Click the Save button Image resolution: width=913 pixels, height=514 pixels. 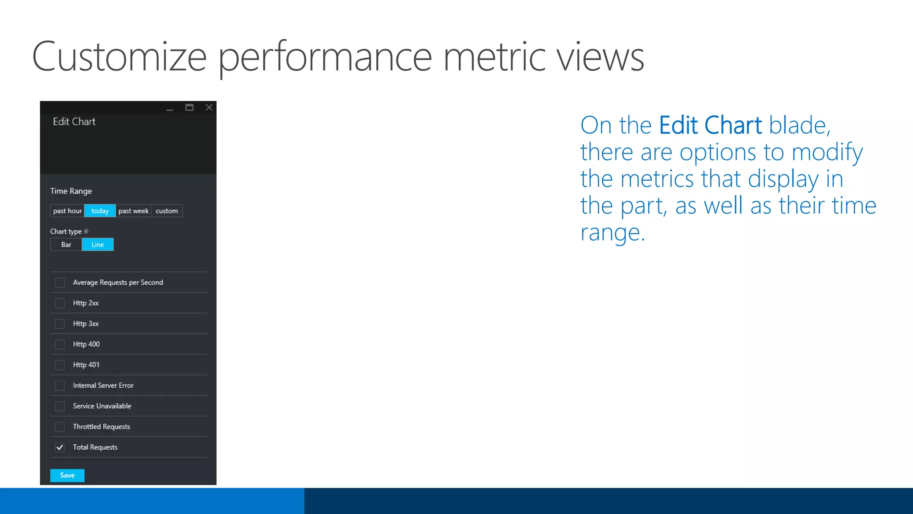point(67,475)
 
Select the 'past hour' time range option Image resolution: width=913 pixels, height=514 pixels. point(67,211)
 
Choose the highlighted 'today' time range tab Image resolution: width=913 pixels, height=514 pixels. point(100,211)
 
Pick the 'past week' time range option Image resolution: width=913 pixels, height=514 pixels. point(133,211)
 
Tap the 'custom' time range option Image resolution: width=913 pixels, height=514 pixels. point(167,211)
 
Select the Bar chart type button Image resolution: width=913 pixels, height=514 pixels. point(66,245)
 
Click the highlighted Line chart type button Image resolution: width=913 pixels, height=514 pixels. point(98,245)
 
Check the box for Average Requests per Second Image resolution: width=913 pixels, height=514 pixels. point(60,282)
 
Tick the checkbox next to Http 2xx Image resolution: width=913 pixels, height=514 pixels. point(60,303)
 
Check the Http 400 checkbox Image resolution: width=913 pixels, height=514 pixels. point(60,344)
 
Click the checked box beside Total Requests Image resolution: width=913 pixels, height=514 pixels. point(60,447)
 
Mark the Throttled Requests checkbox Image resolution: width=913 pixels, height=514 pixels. point(60,427)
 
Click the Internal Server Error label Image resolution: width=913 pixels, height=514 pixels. point(103,385)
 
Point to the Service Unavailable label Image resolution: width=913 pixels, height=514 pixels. point(102,406)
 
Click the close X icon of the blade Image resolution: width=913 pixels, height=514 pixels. point(209,108)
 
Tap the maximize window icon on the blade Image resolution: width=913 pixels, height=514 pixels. point(189,108)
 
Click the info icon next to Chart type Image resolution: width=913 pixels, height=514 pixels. point(86,231)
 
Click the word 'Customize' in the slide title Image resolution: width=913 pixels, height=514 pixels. point(119,57)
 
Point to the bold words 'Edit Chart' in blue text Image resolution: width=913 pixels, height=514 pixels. point(710,125)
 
